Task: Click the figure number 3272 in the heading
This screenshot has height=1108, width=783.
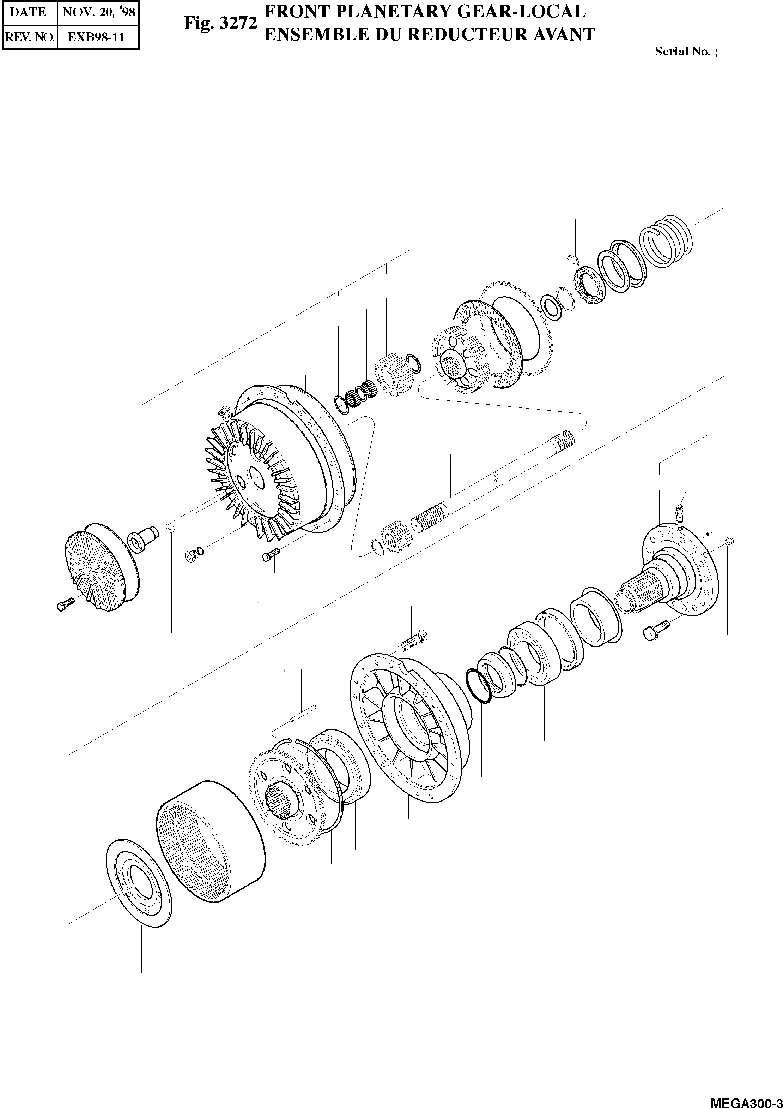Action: coord(238,24)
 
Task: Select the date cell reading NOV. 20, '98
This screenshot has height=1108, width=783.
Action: coord(98,12)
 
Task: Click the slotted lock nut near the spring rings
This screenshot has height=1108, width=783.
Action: coord(589,286)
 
